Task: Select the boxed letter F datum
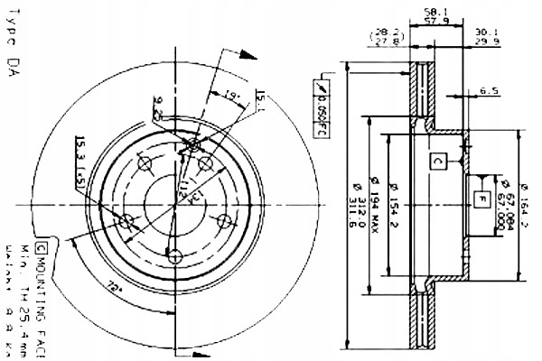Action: click(x=481, y=198)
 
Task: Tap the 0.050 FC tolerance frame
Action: click(x=320, y=108)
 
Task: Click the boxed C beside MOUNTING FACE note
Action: click(x=40, y=245)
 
